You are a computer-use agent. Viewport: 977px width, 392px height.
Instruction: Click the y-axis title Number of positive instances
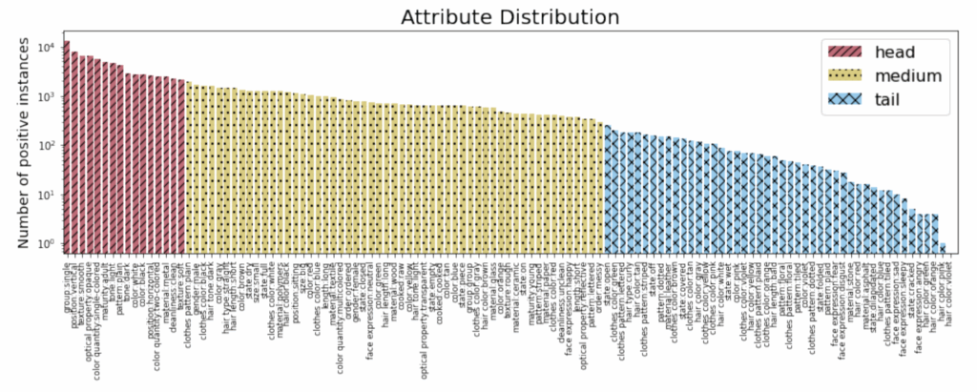20,139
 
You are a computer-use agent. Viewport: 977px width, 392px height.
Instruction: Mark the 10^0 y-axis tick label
44,244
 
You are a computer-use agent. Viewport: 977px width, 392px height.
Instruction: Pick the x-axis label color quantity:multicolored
343,307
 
